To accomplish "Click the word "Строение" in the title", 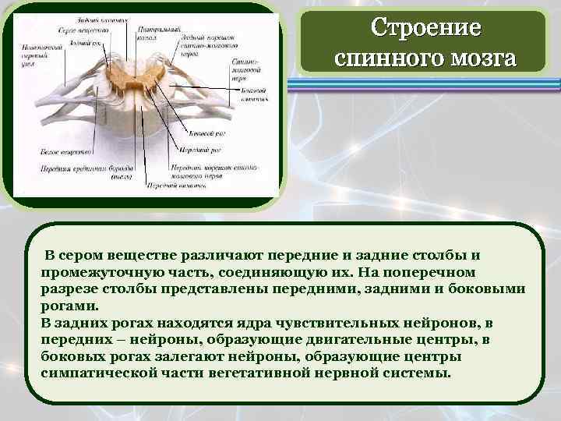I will pyautogui.click(x=425, y=28).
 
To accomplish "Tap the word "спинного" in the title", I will pyautogui.click(x=384, y=59).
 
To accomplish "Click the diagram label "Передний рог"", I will pyautogui.click(x=201, y=148).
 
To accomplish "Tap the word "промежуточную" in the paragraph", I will pyautogui.click(x=99, y=272).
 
